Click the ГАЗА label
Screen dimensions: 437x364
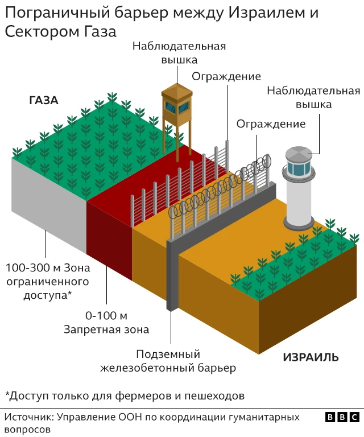(44, 101)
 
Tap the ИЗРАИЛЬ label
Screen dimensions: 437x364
(311, 357)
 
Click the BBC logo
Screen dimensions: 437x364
(342, 418)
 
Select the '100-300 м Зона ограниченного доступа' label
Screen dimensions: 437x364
(48, 281)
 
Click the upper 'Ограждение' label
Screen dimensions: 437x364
(226, 76)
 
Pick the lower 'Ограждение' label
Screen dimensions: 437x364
(271, 123)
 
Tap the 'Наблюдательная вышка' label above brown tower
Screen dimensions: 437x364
(179, 52)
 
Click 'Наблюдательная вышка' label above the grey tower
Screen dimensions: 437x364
(313, 97)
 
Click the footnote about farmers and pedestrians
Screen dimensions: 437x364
(125, 395)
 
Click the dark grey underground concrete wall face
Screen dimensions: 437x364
(170, 273)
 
